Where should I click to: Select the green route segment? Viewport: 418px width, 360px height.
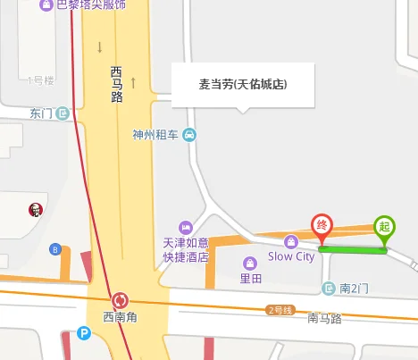pyautogui.click(x=353, y=249)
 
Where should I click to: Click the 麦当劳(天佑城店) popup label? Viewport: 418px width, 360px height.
pyautogui.click(x=243, y=85)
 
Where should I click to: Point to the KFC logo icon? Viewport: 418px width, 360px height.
pyautogui.click(x=35, y=211)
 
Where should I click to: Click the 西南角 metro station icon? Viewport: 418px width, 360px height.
pyautogui.click(x=120, y=300)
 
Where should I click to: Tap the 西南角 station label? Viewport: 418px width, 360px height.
pyautogui.click(x=120, y=316)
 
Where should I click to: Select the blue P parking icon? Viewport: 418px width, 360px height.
pyautogui.click(x=85, y=334)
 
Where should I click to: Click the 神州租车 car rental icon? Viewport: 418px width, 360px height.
pyautogui.click(x=189, y=135)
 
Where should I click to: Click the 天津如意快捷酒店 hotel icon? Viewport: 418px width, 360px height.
pyautogui.click(x=186, y=228)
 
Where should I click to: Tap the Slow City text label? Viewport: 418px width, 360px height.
pyautogui.click(x=291, y=257)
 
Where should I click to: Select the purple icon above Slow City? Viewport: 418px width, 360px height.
pyautogui.click(x=290, y=241)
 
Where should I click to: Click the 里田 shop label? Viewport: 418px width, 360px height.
pyautogui.click(x=251, y=278)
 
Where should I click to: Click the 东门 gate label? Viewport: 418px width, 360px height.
pyautogui.click(x=41, y=113)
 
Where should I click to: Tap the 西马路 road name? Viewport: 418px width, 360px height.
pyautogui.click(x=116, y=84)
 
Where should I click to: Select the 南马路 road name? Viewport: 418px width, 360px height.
pyautogui.click(x=324, y=317)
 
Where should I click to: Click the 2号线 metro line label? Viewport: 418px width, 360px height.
pyautogui.click(x=280, y=310)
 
